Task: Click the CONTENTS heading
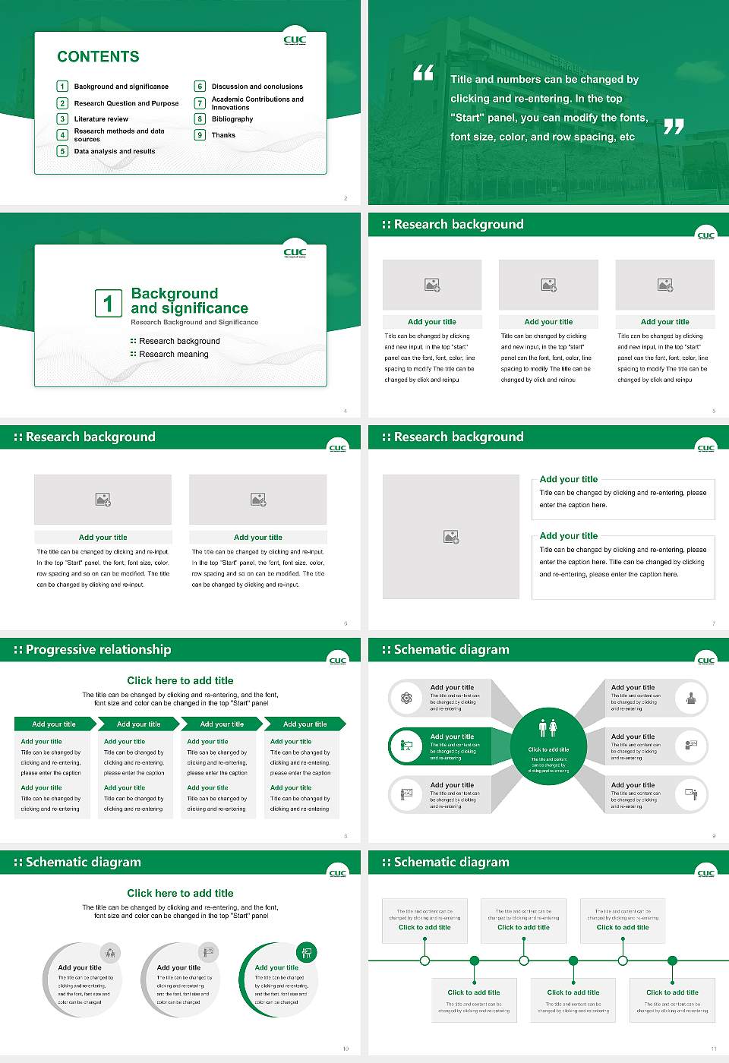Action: (98, 57)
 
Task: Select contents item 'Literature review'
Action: (101, 119)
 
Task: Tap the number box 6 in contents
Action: (200, 87)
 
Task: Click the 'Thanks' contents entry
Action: (223, 135)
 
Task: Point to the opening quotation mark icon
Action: (423, 73)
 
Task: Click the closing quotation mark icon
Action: (674, 127)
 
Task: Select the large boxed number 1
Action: (108, 303)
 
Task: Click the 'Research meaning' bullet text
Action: (174, 355)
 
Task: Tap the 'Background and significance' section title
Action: (189, 301)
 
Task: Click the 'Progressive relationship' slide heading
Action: (98, 650)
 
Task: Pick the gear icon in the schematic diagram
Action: (406, 698)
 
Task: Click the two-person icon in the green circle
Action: (548, 728)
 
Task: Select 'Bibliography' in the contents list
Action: (232, 119)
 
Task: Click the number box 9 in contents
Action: (200, 135)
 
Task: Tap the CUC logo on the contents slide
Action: (295, 40)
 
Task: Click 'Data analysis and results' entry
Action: (115, 152)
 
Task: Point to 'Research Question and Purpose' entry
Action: (126, 103)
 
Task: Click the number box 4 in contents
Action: (63, 135)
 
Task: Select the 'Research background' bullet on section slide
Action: (179, 342)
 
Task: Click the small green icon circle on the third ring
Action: (307, 952)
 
